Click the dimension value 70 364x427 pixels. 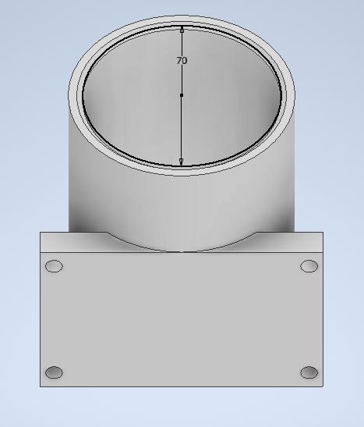182,60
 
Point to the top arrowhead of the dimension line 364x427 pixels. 182,31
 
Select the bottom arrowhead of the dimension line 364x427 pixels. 182,161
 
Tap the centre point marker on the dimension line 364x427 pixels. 182,95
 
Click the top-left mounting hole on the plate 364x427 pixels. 54,266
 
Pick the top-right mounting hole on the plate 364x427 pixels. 309,266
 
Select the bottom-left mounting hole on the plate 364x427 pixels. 54,372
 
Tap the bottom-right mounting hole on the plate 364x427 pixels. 309,372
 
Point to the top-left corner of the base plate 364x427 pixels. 41,232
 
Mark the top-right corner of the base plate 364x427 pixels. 323,232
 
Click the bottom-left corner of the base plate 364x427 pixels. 41,386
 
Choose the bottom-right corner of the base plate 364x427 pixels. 323,386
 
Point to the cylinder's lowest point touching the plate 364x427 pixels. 182,251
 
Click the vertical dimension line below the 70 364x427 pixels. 182,125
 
